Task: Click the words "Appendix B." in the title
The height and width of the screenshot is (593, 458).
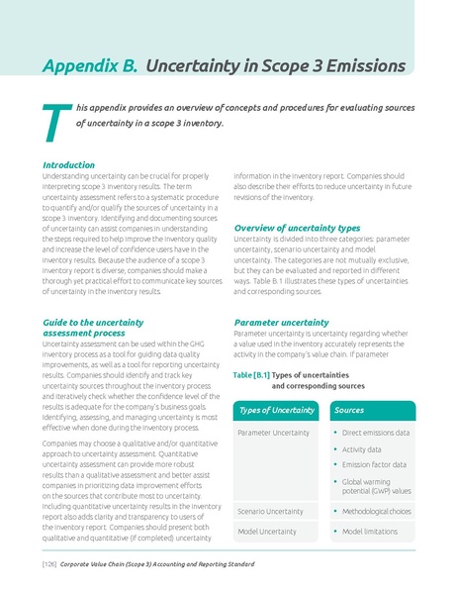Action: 90,65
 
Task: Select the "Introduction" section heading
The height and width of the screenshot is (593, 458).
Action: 69,164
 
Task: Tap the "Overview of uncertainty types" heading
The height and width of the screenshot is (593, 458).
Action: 296,228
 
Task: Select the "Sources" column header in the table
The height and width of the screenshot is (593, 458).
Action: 349,409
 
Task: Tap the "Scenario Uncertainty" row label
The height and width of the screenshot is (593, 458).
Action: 271,511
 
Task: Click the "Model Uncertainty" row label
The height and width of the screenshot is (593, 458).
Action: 266,532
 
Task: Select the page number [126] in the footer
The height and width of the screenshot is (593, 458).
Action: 47,564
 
